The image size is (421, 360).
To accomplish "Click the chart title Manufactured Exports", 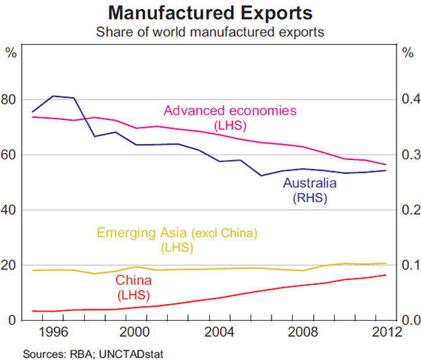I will pos(210,13).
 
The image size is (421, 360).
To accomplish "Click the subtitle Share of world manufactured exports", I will pos(210,32).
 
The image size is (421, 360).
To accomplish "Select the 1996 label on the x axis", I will pos(54,332).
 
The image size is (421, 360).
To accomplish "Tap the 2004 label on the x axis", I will pos(220,332).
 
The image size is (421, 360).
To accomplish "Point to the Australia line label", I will pos(309,184).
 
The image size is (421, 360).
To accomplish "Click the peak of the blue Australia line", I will pos(54,95).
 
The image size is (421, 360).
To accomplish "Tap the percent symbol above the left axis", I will pos(11,53).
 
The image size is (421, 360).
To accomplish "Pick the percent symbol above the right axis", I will pos(409,53).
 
